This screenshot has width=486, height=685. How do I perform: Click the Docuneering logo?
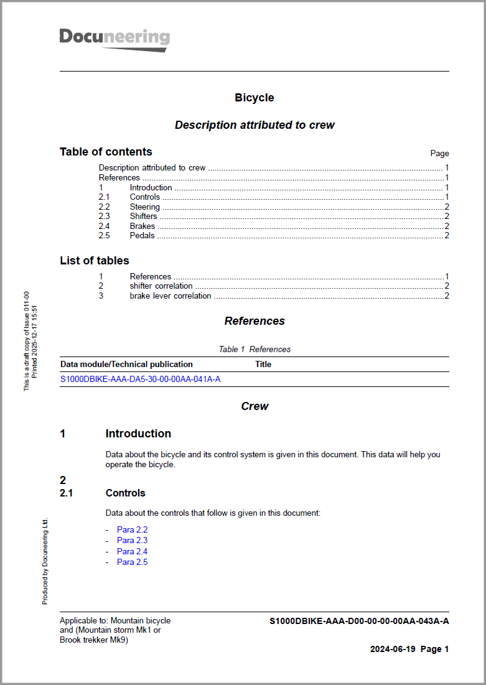coord(114,39)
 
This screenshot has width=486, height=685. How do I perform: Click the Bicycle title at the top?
coord(254,98)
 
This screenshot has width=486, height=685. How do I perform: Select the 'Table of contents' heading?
coord(106,152)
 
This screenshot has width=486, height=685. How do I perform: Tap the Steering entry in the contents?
coord(144,207)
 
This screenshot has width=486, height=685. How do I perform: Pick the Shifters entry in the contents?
coord(143,216)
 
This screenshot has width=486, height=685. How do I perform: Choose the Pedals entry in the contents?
coord(142,235)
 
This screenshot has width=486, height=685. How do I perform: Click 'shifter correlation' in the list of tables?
coord(161,286)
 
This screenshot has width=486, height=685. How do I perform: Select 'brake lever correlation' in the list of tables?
coord(170,296)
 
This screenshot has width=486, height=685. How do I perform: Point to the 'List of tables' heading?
coord(95,261)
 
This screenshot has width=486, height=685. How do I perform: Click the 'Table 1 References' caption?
coord(254,349)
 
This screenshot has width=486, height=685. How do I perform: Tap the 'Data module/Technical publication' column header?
coord(126,364)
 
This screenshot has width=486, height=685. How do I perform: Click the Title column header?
coord(263,364)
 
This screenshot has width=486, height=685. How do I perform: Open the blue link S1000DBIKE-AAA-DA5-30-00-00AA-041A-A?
coord(140,378)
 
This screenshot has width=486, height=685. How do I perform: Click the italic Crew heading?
coord(255,406)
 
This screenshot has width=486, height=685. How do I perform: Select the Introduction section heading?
coord(138,434)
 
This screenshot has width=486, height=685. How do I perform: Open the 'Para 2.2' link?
coord(132,529)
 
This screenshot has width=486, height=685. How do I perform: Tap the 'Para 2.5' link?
coord(132,562)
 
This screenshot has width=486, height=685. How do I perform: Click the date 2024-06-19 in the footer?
coord(392,649)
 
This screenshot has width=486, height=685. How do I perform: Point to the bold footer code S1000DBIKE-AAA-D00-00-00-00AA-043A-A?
coord(359,621)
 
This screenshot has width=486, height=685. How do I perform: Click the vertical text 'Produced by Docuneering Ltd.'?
coord(45,561)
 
